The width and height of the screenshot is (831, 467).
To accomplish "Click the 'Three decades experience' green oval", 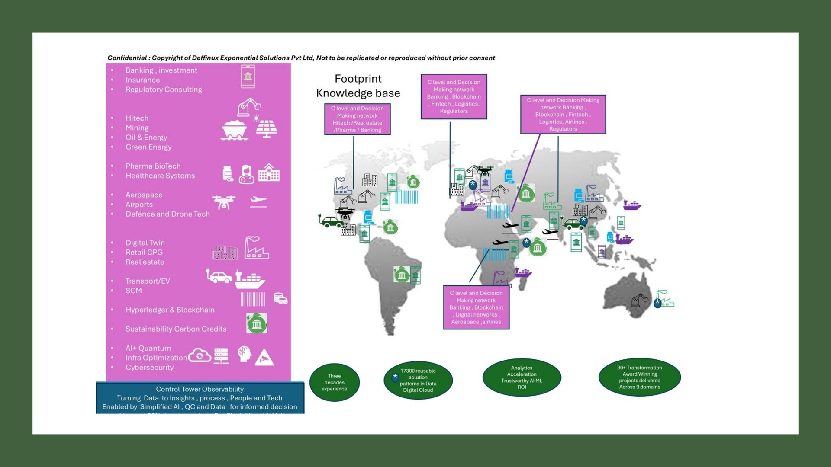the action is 334,382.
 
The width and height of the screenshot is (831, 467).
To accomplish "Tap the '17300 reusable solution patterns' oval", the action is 418,380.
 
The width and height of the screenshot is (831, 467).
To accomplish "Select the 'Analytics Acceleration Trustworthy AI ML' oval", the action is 522,377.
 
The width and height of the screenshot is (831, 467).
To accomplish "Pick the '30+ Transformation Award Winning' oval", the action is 639,377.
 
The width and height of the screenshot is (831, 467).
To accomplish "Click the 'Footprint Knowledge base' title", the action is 358,86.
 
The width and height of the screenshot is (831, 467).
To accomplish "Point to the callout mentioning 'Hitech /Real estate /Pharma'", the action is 358,119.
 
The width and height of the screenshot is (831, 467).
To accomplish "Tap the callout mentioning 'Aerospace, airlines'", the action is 476,307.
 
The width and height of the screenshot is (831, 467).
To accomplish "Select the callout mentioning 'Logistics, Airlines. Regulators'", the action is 563,114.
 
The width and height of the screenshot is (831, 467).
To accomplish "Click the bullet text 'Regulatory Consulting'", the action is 164,90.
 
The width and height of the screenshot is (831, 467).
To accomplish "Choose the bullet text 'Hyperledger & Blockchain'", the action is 170,310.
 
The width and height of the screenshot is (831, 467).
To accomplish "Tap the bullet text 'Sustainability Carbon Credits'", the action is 176,329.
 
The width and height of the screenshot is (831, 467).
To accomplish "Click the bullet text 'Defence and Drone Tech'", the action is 167,214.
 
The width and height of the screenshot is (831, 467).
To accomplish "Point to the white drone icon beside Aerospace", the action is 224,202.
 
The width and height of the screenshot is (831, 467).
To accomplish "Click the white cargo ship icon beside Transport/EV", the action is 250,280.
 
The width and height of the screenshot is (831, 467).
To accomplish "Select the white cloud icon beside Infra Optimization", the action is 200,355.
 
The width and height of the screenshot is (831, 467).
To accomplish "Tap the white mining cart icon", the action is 234,130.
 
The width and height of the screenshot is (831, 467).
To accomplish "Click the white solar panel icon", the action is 266,128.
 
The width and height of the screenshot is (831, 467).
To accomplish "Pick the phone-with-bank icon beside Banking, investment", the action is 248,77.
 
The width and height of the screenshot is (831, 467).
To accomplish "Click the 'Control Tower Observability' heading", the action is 200,389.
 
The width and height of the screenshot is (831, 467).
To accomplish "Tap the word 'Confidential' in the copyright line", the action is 127,58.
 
